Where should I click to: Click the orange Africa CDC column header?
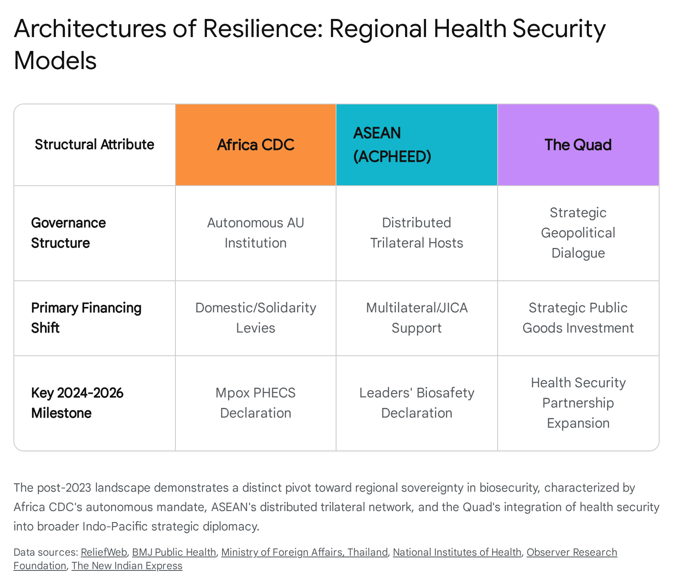click(x=256, y=145)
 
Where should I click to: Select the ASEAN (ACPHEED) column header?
click(x=417, y=145)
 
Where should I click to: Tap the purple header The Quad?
click(x=578, y=145)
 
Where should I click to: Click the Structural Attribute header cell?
click(x=95, y=145)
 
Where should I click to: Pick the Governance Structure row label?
click(x=69, y=233)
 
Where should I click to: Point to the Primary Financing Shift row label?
click(x=86, y=318)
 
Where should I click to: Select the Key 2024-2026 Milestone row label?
click(x=77, y=403)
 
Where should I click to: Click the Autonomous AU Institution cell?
click(x=256, y=233)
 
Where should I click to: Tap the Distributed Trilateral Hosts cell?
click(x=417, y=233)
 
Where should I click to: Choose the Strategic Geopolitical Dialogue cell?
click(x=578, y=233)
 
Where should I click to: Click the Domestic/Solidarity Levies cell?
click(x=256, y=318)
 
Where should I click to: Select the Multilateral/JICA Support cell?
click(x=417, y=318)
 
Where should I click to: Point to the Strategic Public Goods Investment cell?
click(x=578, y=318)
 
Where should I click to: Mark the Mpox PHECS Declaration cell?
click(x=256, y=403)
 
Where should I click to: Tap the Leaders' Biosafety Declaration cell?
click(x=417, y=403)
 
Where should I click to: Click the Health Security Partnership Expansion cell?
click(x=578, y=403)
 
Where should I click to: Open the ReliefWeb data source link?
click(x=104, y=552)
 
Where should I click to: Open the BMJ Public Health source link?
click(x=174, y=552)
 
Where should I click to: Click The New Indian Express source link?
click(x=127, y=566)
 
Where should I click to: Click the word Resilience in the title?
click(x=263, y=29)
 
